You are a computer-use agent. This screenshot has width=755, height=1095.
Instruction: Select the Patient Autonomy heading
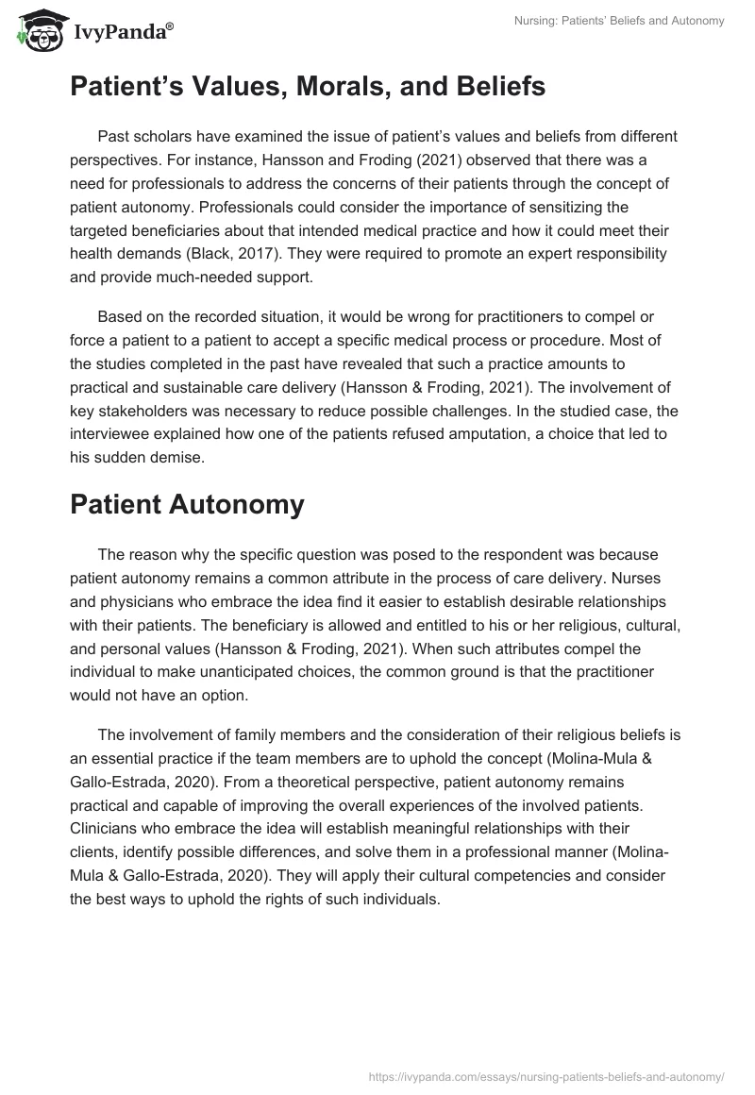click(187, 504)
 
